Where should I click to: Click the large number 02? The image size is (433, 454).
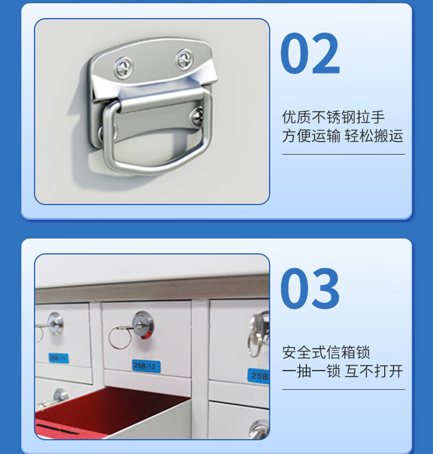click(310, 53)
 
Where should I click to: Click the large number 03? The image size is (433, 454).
click(310, 288)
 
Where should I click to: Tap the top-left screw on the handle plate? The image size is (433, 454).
click(123, 67)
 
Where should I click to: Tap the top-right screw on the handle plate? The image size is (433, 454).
click(184, 60)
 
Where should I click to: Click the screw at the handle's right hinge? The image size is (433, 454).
click(197, 116)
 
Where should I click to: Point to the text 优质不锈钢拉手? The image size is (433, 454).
click(333, 117)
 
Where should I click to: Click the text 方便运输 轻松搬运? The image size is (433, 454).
click(343, 136)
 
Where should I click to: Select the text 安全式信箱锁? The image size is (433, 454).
click(326, 353)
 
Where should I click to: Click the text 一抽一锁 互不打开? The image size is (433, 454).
click(343, 371)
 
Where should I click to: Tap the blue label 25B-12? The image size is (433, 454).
click(146, 366)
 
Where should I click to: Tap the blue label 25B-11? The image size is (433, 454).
click(59, 358)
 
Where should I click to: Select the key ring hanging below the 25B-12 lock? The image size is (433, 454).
click(120, 337)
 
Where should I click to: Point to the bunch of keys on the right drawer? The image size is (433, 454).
click(258, 334)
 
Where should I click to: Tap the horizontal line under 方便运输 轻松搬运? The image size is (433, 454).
click(344, 154)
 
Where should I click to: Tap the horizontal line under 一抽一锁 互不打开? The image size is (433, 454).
click(344, 389)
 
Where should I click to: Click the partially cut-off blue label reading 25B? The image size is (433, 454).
click(259, 376)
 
